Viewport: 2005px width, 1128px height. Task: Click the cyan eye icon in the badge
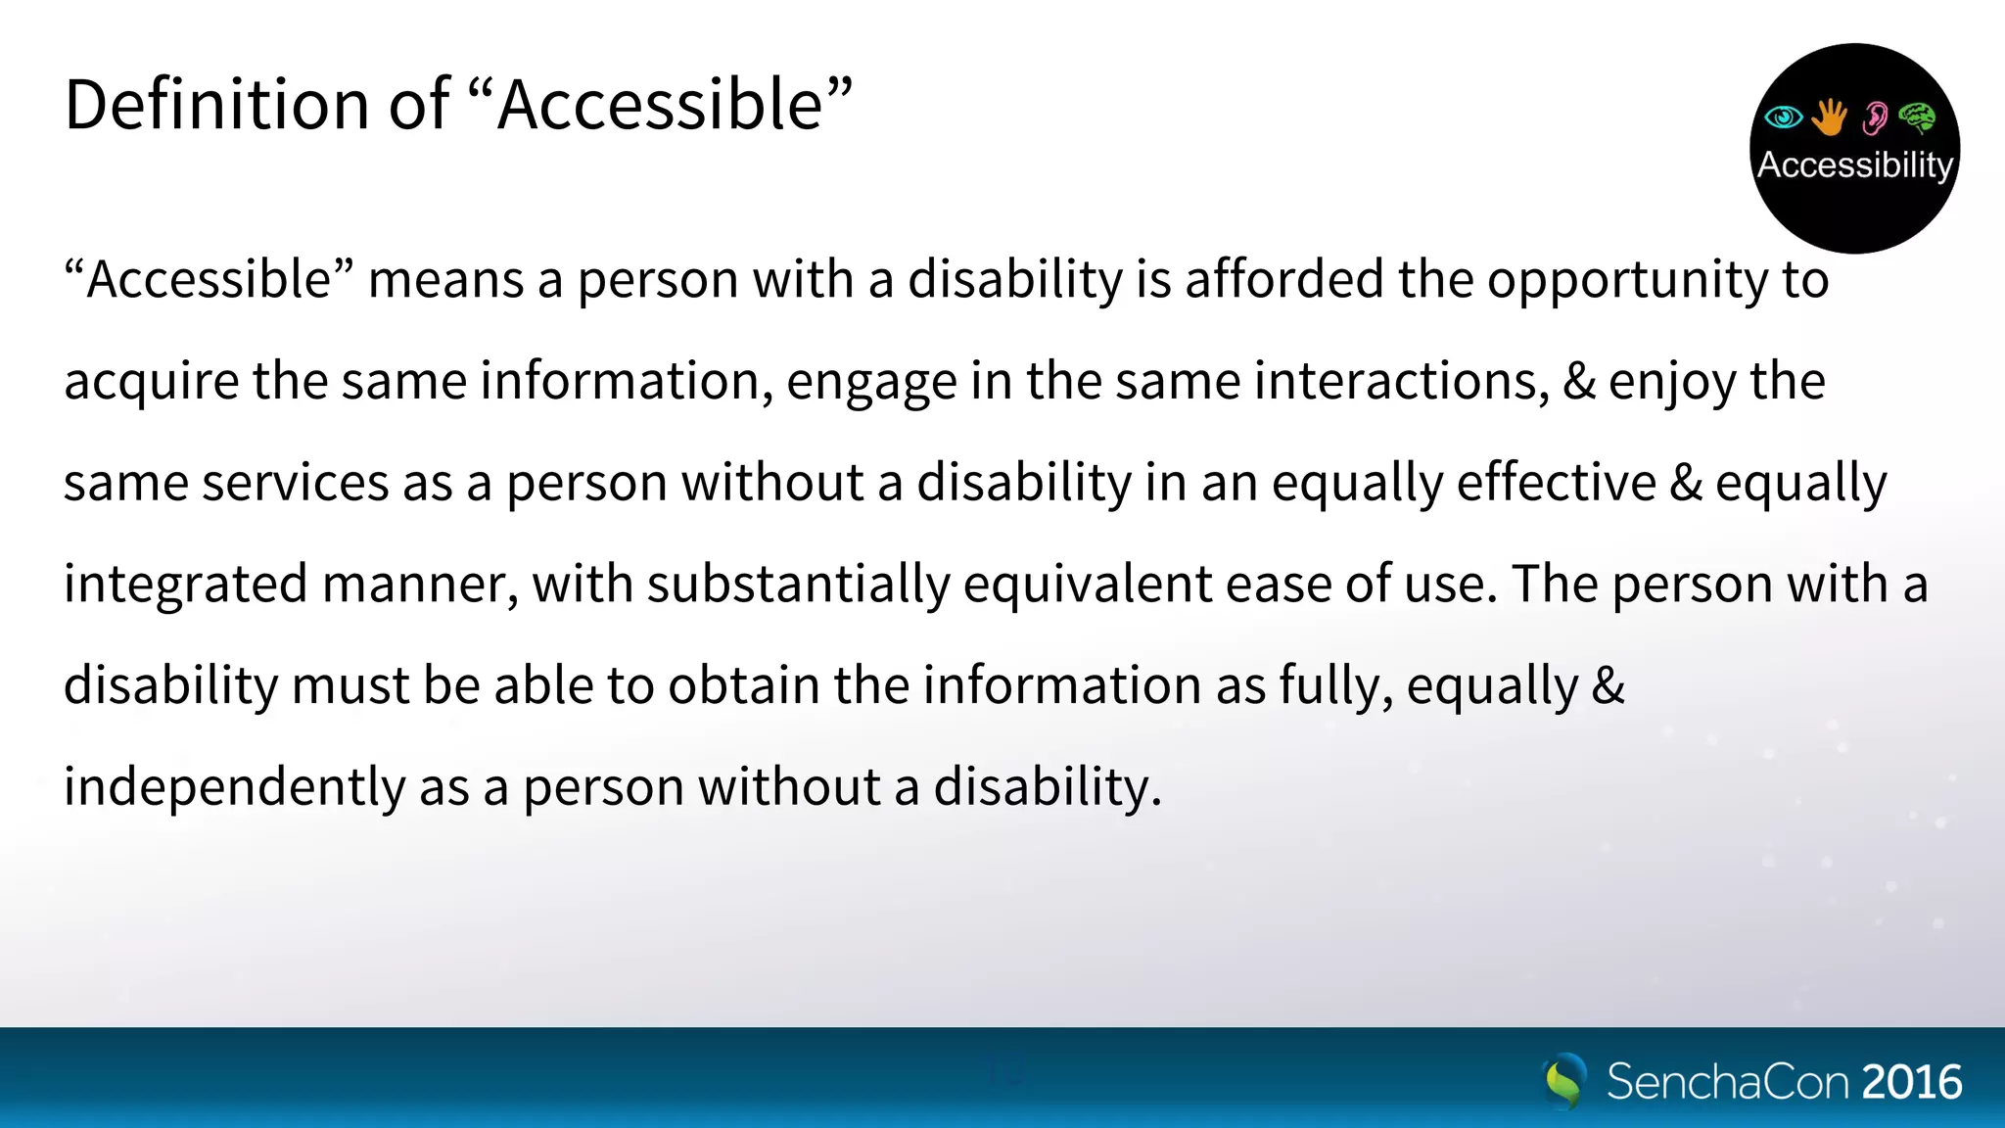pyautogui.click(x=1783, y=117)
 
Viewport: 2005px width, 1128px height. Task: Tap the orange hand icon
pyautogui.click(x=1829, y=117)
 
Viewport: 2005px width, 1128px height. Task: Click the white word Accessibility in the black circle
pyautogui.click(x=1854, y=164)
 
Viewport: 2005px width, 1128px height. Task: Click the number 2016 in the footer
pyautogui.click(x=1911, y=1082)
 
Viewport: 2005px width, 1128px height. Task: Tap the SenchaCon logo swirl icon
pyautogui.click(x=1564, y=1081)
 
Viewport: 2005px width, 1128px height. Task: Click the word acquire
pyautogui.click(x=152, y=382)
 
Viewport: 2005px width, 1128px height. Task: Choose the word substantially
pyautogui.click(x=798, y=585)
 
